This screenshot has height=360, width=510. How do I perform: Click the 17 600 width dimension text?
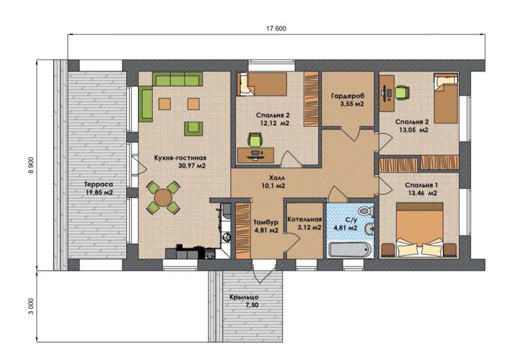[276, 29]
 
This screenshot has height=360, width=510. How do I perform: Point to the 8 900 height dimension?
[31, 165]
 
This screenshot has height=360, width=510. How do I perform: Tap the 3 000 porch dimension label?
[31, 307]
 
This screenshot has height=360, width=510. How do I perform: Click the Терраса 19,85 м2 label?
[97, 188]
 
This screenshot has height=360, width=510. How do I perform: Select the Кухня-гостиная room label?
[180, 158]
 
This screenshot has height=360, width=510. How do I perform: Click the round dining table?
[163, 198]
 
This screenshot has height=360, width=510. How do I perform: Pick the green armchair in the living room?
[193, 128]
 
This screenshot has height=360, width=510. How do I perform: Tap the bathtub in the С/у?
[349, 250]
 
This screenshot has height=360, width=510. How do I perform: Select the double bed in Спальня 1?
[420, 230]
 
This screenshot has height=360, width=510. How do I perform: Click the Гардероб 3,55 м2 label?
[348, 100]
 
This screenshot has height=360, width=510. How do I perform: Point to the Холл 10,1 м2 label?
[273, 182]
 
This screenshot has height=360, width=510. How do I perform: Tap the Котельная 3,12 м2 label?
[305, 223]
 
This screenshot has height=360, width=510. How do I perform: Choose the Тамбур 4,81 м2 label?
[266, 226]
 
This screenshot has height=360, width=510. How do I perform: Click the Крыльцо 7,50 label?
[244, 301]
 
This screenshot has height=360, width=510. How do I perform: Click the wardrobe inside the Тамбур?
[243, 231]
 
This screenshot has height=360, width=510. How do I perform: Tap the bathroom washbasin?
[369, 230]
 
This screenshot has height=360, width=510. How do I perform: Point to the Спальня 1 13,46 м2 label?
[422, 189]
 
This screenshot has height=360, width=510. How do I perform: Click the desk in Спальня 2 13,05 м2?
[386, 94]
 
